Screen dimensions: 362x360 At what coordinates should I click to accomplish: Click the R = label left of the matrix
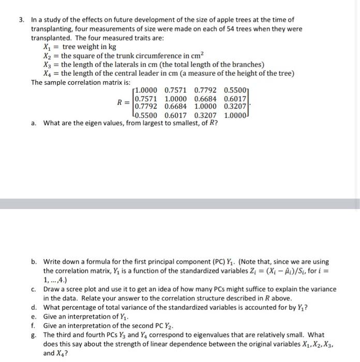123,102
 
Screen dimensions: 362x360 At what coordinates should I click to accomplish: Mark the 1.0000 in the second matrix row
175,98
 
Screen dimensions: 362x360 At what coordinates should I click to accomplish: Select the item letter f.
33,326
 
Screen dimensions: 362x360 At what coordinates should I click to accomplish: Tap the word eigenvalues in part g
211,335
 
